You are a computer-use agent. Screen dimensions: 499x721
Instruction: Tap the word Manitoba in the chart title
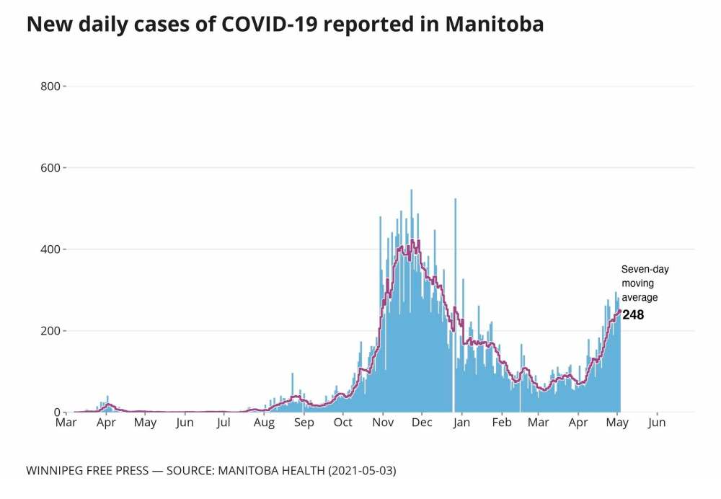click(494, 25)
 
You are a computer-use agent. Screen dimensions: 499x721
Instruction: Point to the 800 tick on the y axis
click(50, 87)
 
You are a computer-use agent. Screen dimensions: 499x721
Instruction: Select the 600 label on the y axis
click(50, 168)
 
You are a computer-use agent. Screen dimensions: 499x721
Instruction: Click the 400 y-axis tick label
click(50, 249)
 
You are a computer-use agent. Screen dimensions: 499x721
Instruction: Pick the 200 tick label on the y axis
click(50, 331)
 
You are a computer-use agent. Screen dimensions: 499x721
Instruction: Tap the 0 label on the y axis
click(57, 412)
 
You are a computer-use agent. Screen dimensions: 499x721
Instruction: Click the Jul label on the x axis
click(224, 423)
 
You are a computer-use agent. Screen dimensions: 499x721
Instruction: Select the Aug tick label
click(264, 423)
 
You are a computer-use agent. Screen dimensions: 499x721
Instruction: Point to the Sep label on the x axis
click(304, 423)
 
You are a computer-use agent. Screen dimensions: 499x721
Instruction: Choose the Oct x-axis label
click(342, 423)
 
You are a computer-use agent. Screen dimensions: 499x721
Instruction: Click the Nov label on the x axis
click(383, 423)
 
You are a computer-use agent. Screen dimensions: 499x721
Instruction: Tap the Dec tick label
click(422, 423)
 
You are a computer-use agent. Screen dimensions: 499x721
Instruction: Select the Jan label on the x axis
click(461, 423)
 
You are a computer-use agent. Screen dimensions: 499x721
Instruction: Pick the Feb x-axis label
click(501, 423)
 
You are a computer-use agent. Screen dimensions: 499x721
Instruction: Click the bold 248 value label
click(634, 315)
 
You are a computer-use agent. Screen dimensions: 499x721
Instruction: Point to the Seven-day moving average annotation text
click(645, 283)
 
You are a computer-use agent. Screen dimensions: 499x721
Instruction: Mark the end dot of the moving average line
click(619, 312)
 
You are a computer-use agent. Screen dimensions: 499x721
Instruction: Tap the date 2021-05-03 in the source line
click(362, 471)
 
